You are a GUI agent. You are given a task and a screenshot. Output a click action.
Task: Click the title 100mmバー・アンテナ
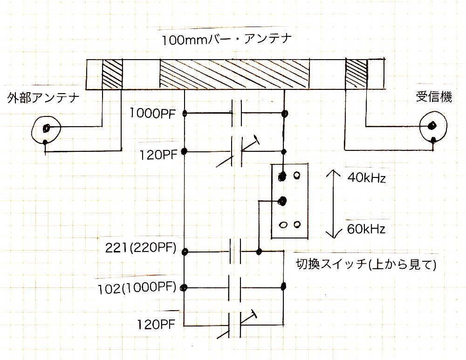click(x=226, y=40)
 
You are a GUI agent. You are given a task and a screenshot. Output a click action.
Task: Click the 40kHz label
click(x=367, y=178)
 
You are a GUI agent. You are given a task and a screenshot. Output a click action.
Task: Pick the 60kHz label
click(x=367, y=229)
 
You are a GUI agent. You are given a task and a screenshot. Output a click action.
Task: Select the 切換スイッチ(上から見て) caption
click(x=366, y=265)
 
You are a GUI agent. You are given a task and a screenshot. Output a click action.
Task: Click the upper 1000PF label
click(x=156, y=114)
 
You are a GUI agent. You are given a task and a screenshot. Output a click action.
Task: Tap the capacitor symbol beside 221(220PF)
click(x=235, y=252)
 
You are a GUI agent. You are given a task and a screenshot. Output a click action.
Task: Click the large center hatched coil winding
click(x=234, y=74)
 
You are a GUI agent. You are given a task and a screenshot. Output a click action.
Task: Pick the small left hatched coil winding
click(x=112, y=74)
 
